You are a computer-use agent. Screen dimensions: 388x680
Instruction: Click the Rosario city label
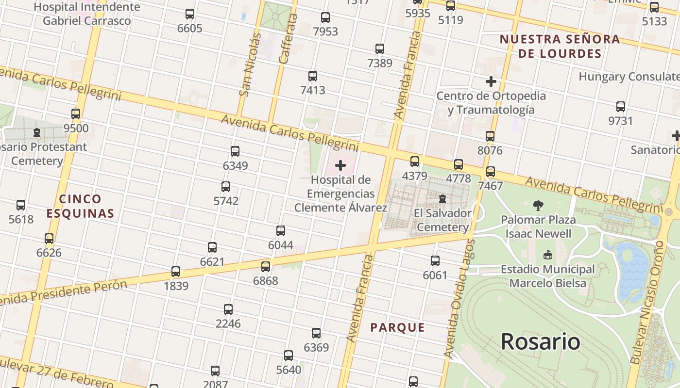[540, 341]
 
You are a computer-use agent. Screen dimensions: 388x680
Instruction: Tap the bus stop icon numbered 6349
[235, 151]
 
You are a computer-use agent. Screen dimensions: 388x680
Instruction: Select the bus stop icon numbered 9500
[76, 114]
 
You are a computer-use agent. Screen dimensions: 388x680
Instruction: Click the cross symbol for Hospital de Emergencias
[340, 165]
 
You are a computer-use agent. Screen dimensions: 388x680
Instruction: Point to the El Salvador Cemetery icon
[442, 199]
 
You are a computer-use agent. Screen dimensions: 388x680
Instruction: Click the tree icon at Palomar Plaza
[538, 206]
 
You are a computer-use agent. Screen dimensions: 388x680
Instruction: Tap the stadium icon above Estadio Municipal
[547, 255]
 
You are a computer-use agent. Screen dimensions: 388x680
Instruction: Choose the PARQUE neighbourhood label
[397, 327]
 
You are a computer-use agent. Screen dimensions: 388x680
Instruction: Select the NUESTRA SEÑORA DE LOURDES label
[560, 46]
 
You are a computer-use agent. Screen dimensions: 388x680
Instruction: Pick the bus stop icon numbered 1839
[176, 272]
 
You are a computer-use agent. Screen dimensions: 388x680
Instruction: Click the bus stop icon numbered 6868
[266, 266]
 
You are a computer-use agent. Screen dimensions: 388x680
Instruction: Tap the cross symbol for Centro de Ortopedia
[491, 81]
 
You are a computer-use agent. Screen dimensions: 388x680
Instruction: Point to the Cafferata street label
[288, 39]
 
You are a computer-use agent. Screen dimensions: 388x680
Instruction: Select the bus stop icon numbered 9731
[620, 107]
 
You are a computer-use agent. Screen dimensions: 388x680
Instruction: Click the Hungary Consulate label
[629, 77]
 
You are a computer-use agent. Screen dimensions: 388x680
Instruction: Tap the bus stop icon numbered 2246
[228, 309]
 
